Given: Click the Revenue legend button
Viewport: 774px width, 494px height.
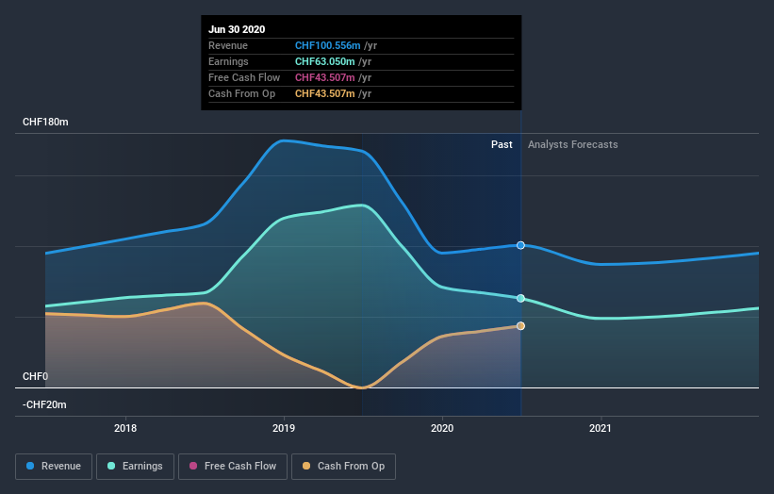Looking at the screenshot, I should pos(55,466).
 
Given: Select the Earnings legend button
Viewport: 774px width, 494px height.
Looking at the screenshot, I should pos(135,466).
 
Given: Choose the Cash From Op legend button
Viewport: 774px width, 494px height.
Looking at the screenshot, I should pos(343,466).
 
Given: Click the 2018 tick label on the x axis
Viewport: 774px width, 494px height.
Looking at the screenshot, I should pos(125,428).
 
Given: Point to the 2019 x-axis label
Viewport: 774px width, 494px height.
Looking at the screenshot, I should pos(284,428).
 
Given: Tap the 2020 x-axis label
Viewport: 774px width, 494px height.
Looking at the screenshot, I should pos(442,428).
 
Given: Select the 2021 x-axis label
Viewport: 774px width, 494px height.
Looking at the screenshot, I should pos(601,428).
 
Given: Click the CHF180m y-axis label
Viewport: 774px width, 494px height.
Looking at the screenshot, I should pos(46,123).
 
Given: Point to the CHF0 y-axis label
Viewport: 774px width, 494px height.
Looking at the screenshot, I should pos(35,376).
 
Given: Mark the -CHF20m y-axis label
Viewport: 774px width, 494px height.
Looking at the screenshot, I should pos(46,404).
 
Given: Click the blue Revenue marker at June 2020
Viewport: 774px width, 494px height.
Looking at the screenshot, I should pos(520,245).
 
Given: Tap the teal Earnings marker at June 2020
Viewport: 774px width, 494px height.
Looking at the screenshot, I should pos(520,298).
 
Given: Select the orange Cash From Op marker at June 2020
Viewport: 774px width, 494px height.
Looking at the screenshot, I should pos(520,326).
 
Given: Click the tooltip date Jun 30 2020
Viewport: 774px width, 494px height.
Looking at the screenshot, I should pos(236,28).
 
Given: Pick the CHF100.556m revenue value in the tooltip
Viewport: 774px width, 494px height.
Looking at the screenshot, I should pos(336,45).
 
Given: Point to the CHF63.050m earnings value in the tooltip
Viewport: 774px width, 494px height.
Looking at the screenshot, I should pos(333,61).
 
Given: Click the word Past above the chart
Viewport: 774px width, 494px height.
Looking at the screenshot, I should pos(502,144).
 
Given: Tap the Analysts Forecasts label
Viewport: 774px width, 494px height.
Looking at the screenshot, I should pos(573,144).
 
